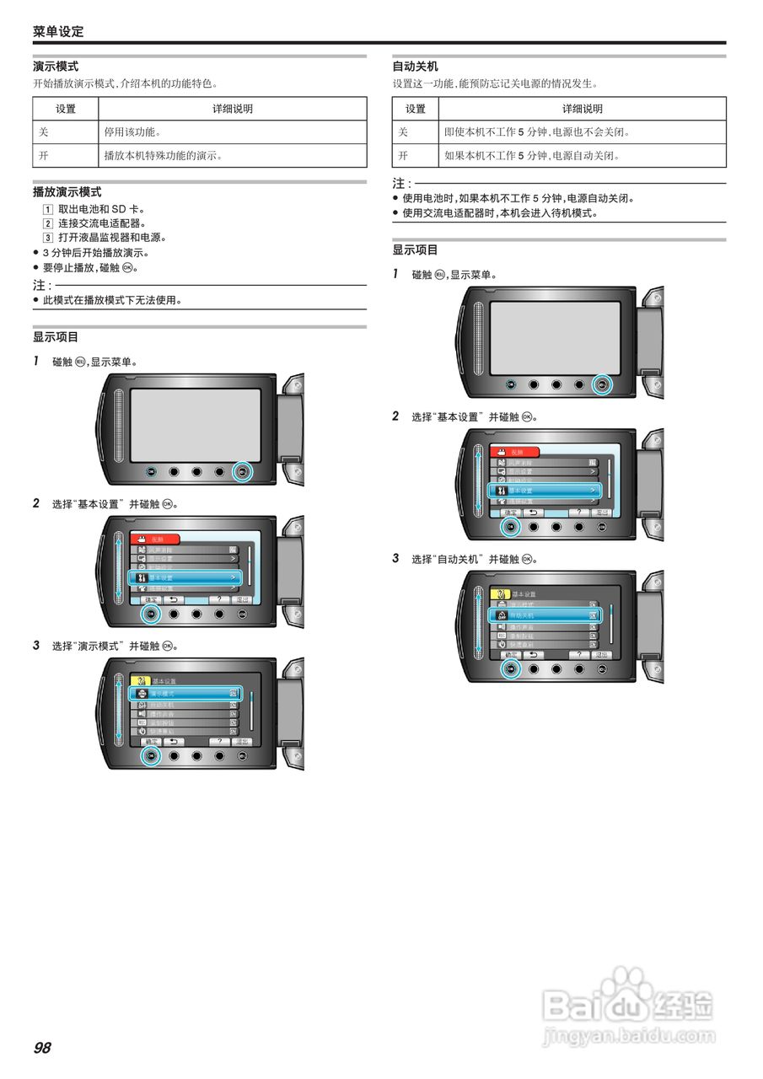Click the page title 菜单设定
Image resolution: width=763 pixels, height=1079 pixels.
pyautogui.click(x=58, y=32)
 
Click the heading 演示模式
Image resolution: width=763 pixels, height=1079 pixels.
pyautogui.click(x=56, y=66)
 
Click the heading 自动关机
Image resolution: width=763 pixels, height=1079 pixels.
pyautogui.click(x=415, y=66)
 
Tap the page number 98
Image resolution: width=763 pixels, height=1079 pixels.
pyautogui.click(x=42, y=1048)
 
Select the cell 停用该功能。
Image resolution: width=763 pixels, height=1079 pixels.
pyautogui.click(x=132, y=132)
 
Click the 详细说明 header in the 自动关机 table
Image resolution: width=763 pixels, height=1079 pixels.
pyautogui.click(x=582, y=109)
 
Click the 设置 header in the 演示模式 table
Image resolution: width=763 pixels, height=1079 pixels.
pyautogui.click(x=66, y=109)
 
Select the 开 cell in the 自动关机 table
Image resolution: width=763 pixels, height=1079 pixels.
pyautogui.click(x=403, y=156)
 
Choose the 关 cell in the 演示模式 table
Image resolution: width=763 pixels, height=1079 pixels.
pyautogui.click(x=44, y=132)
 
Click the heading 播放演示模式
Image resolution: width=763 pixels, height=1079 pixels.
pyautogui.click(x=67, y=192)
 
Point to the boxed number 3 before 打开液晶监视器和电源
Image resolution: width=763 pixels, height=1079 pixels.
pyautogui.click(x=48, y=238)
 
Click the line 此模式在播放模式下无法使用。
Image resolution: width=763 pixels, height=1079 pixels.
pyautogui.click(x=112, y=300)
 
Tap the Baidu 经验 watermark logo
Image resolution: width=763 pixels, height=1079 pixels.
pyautogui.click(x=628, y=1003)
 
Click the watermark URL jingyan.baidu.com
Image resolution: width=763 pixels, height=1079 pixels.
pyautogui.click(x=628, y=1035)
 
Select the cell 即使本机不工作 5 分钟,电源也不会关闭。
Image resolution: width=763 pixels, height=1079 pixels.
pyautogui.click(x=537, y=132)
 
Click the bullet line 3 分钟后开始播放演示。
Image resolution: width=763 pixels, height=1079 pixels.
pyautogui.click(x=95, y=253)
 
